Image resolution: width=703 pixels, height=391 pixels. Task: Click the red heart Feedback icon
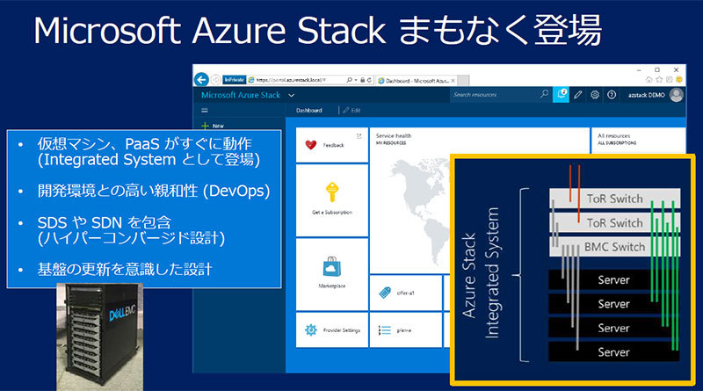tap(309, 147)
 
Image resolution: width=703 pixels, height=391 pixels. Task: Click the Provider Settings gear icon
tap(310, 330)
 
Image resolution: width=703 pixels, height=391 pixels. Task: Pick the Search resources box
tap(496, 95)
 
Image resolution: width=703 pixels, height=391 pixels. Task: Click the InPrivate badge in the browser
tap(235, 77)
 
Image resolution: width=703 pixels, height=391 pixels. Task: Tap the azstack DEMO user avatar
tap(676, 95)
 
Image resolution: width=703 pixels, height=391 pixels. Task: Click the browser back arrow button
tap(202, 77)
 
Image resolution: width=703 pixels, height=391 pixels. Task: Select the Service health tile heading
tap(395, 137)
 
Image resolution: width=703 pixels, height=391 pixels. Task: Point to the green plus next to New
tap(205, 126)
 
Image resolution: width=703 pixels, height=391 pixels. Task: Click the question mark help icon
tap(612, 95)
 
